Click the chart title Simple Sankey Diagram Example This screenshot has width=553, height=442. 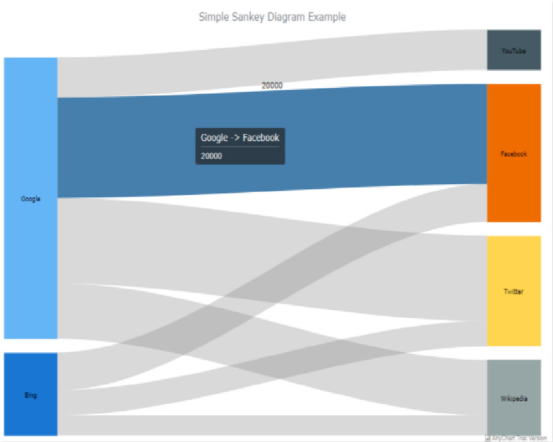(x=272, y=17)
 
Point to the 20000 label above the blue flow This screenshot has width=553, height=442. (x=272, y=86)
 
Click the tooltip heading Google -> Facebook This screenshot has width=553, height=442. (x=240, y=138)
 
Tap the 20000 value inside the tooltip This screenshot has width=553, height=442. (x=212, y=156)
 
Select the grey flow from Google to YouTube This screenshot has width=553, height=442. (x=276, y=59)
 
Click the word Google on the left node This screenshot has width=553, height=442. (x=30, y=199)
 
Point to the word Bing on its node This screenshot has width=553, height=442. (x=30, y=396)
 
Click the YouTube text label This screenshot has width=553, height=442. (x=514, y=51)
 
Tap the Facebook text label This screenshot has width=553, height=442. (x=514, y=154)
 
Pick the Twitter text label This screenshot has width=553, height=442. (x=514, y=292)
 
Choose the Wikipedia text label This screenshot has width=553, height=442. (x=514, y=399)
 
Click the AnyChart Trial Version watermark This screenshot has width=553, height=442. (x=518, y=438)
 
